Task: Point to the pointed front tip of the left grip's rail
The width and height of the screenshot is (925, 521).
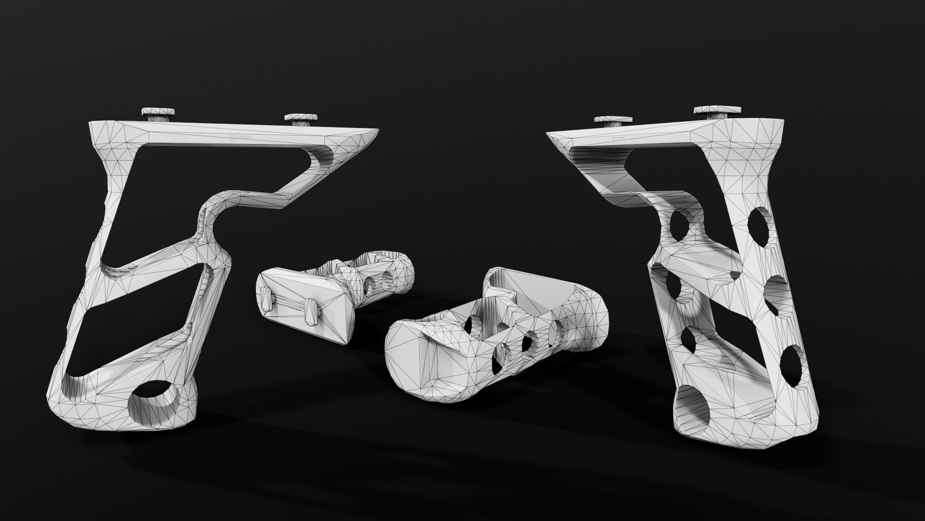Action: coord(379,131)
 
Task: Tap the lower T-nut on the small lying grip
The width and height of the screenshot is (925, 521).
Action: coord(311,313)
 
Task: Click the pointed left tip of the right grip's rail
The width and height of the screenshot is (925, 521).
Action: coord(548,134)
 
